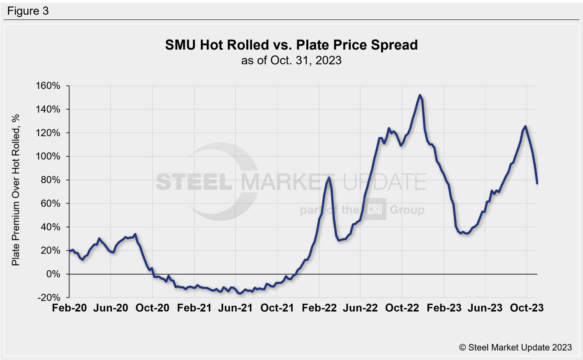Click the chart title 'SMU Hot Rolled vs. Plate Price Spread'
(291, 45)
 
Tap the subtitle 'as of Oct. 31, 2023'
(291, 60)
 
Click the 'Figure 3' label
(28, 11)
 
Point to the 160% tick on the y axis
(48, 86)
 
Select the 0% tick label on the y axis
(53, 274)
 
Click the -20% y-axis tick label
(49, 297)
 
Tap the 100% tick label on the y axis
(48, 156)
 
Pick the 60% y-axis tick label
(50, 203)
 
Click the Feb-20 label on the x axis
(69, 308)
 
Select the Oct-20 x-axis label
(152, 308)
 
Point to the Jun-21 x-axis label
(235, 308)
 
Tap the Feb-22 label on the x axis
(319, 308)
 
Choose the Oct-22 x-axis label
(402, 308)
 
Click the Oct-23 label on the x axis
(527, 308)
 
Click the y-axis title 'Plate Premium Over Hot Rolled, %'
(16, 190)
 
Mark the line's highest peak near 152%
(419, 95)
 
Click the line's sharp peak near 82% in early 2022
(329, 178)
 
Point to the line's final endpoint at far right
(537, 184)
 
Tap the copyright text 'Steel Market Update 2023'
(515, 347)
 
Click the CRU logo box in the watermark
(375, 209)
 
